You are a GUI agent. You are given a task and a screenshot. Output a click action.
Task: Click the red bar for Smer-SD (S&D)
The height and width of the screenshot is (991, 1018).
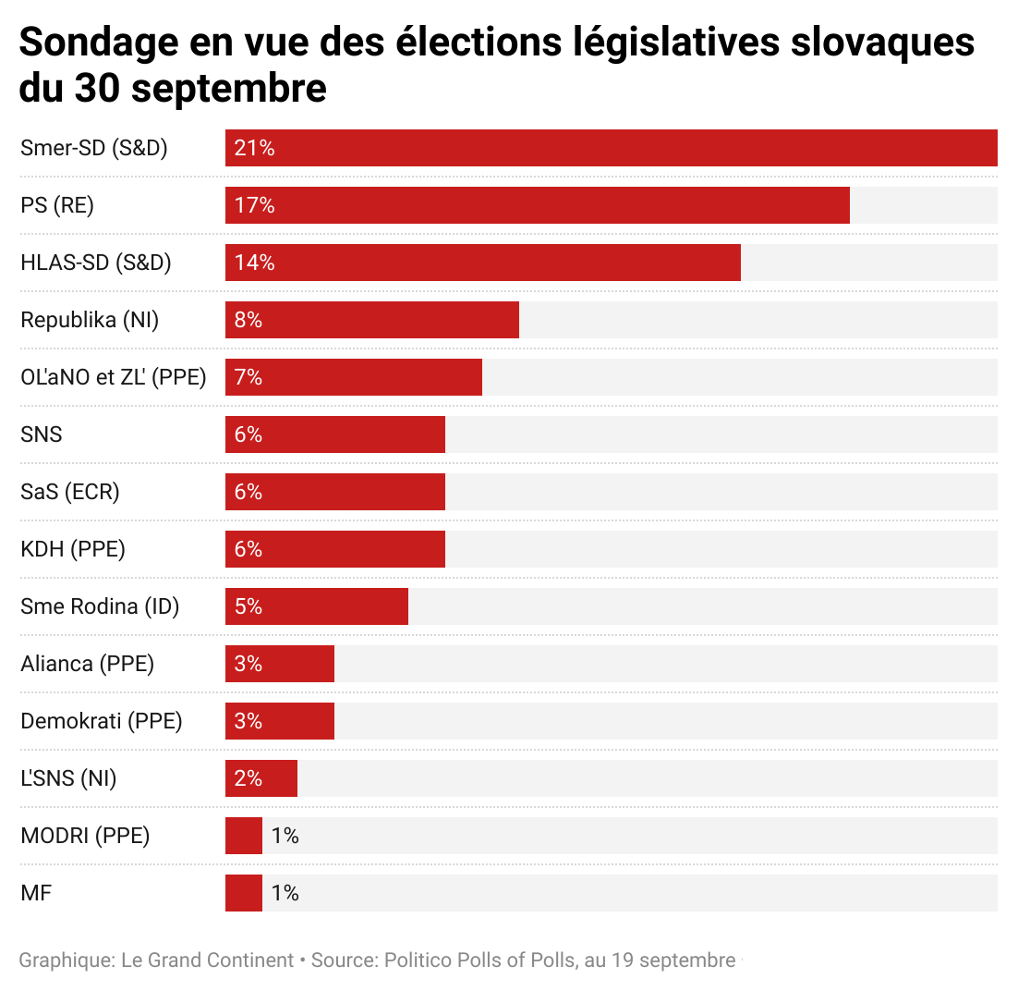[x=610, y=148]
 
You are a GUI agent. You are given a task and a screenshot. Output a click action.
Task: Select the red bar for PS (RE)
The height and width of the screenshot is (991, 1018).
[x=536, y=205]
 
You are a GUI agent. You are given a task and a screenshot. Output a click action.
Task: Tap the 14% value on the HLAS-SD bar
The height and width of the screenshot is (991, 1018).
[x=255, y=263]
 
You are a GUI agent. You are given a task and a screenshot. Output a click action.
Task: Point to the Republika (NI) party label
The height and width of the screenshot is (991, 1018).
[x=90, y=320]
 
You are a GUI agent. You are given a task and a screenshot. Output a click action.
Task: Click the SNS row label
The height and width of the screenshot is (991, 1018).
[x=42, y=434]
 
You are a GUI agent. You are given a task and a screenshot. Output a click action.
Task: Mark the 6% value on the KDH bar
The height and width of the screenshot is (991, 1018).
[x=248, y=549]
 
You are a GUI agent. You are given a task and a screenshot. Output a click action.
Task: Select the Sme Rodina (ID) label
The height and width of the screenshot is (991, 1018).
[x=100, y=606]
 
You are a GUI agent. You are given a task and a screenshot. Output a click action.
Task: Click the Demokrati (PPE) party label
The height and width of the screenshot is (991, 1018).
[x=102, y=721]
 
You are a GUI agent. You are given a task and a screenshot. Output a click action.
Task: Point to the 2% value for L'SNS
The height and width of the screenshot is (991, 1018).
[x=248, y=778]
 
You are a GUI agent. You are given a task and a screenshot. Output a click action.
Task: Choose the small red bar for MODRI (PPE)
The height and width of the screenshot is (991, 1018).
[x=244, y=836]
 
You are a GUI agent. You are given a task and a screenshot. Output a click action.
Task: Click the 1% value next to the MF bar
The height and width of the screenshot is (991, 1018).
[x=285, y=893]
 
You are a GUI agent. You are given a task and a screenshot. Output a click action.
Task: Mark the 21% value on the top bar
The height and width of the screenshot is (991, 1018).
[x=255, y=148]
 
